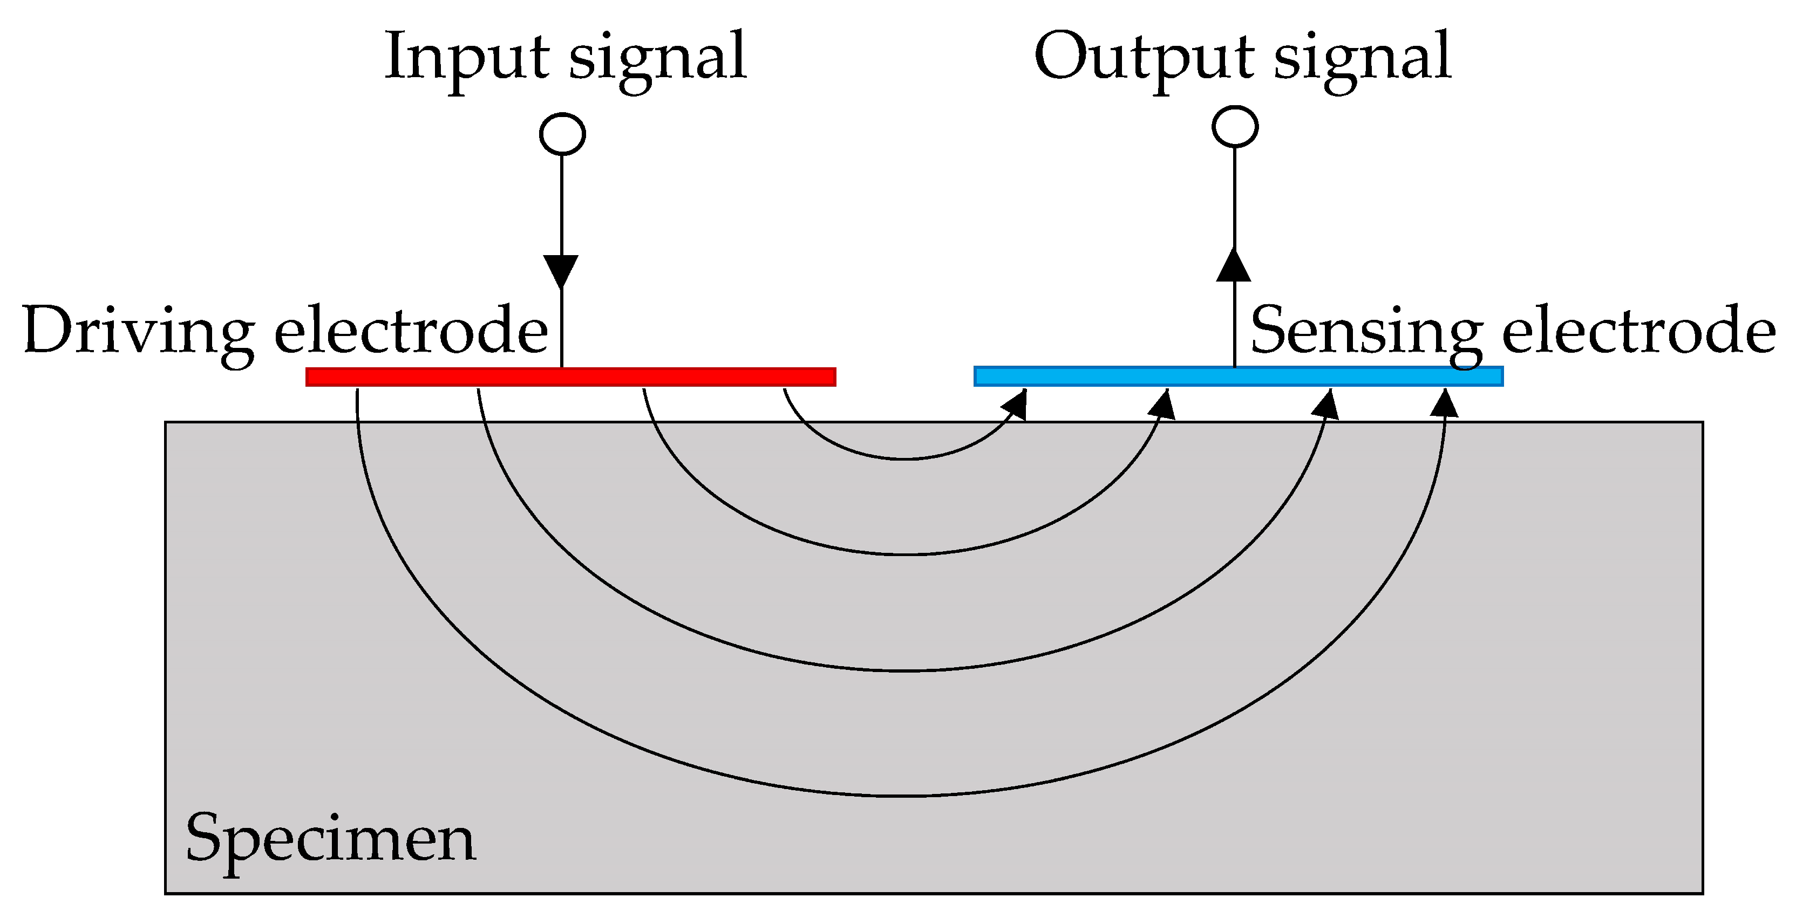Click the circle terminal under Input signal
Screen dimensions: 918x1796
(562, 134)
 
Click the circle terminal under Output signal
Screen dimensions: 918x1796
(1235, 127)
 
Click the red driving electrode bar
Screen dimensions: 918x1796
(570, 377)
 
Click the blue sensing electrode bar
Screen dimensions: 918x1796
(1238, 376)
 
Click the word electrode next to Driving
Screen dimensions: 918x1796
(411, 332)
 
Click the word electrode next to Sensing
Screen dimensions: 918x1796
(1638, 332)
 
